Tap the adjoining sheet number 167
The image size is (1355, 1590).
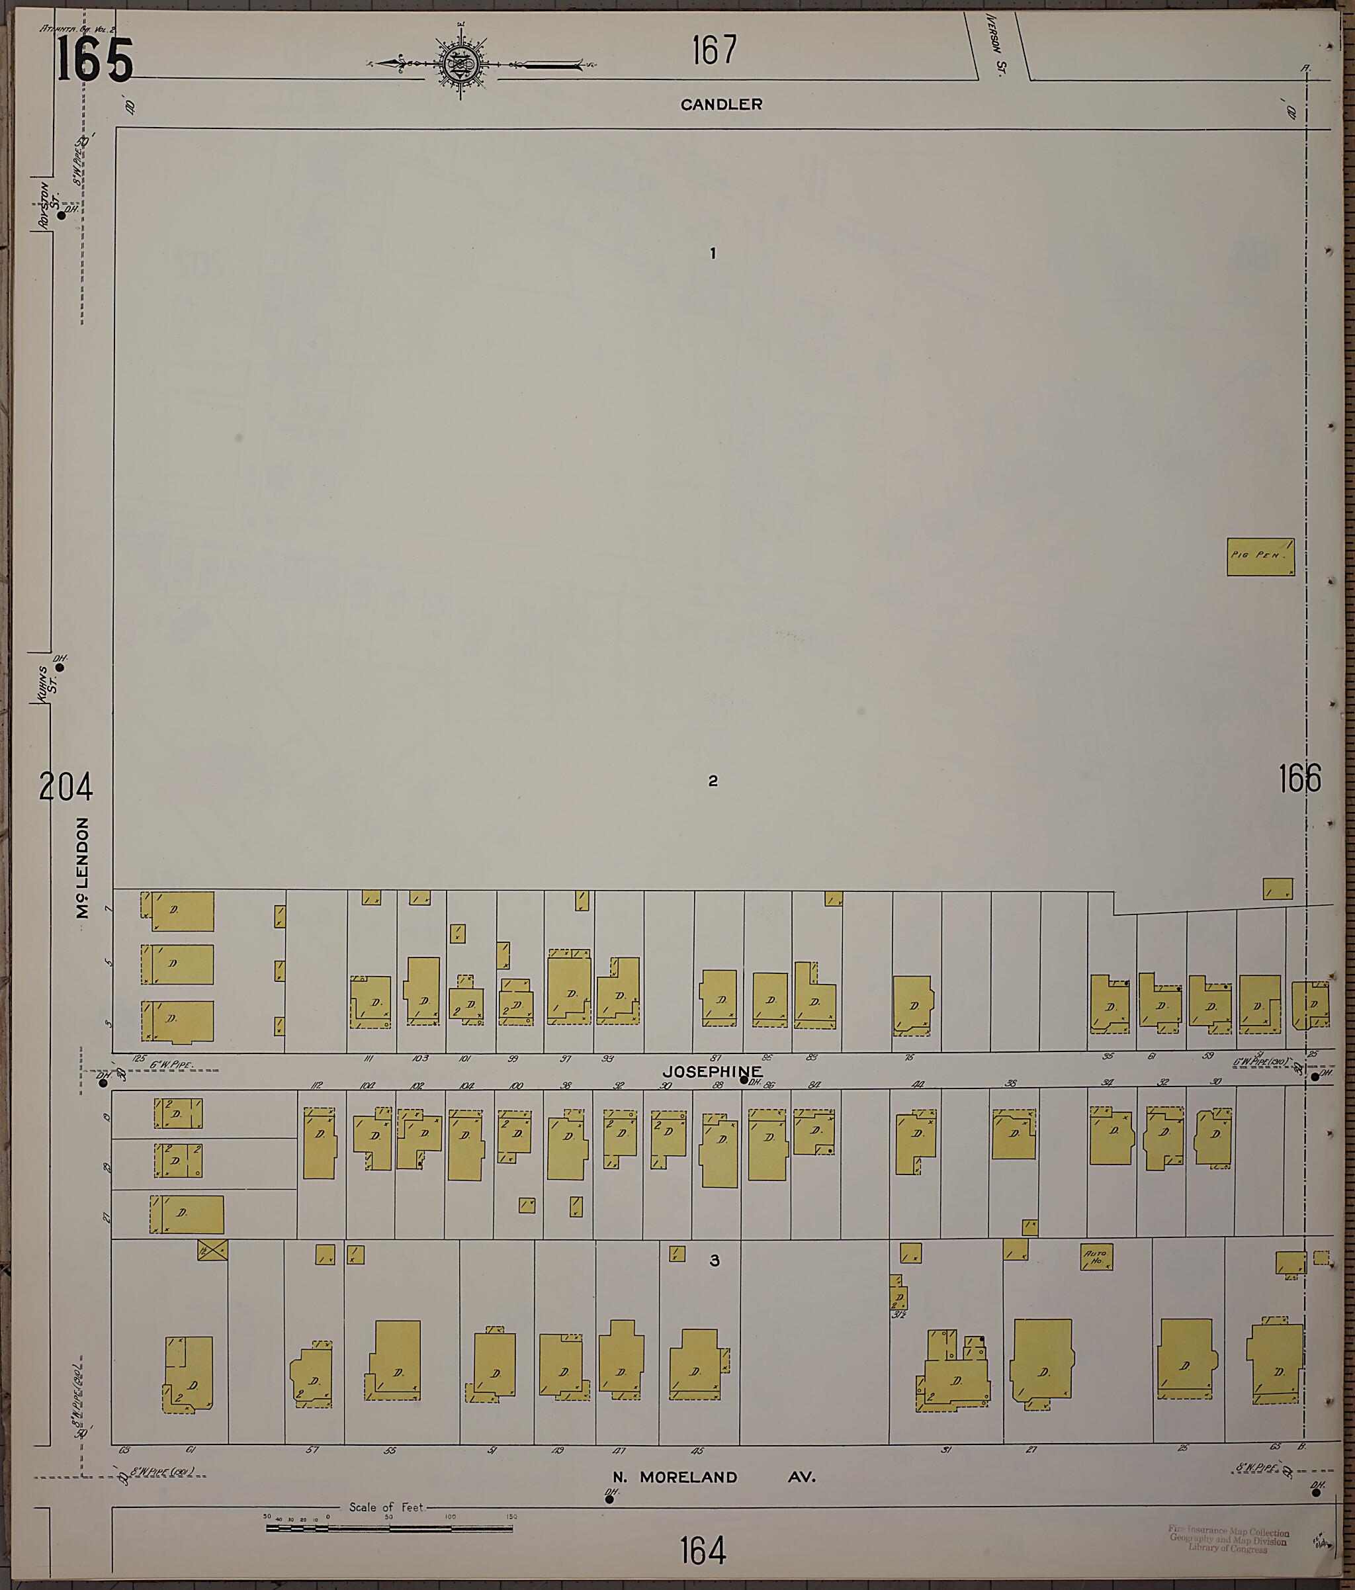714,51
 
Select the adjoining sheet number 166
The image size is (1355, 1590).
1300,779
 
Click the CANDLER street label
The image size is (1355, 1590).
721,105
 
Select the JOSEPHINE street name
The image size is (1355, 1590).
713,1071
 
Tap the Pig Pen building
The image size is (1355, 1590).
1260,556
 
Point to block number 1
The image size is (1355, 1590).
713,253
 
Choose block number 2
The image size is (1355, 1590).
713,781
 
